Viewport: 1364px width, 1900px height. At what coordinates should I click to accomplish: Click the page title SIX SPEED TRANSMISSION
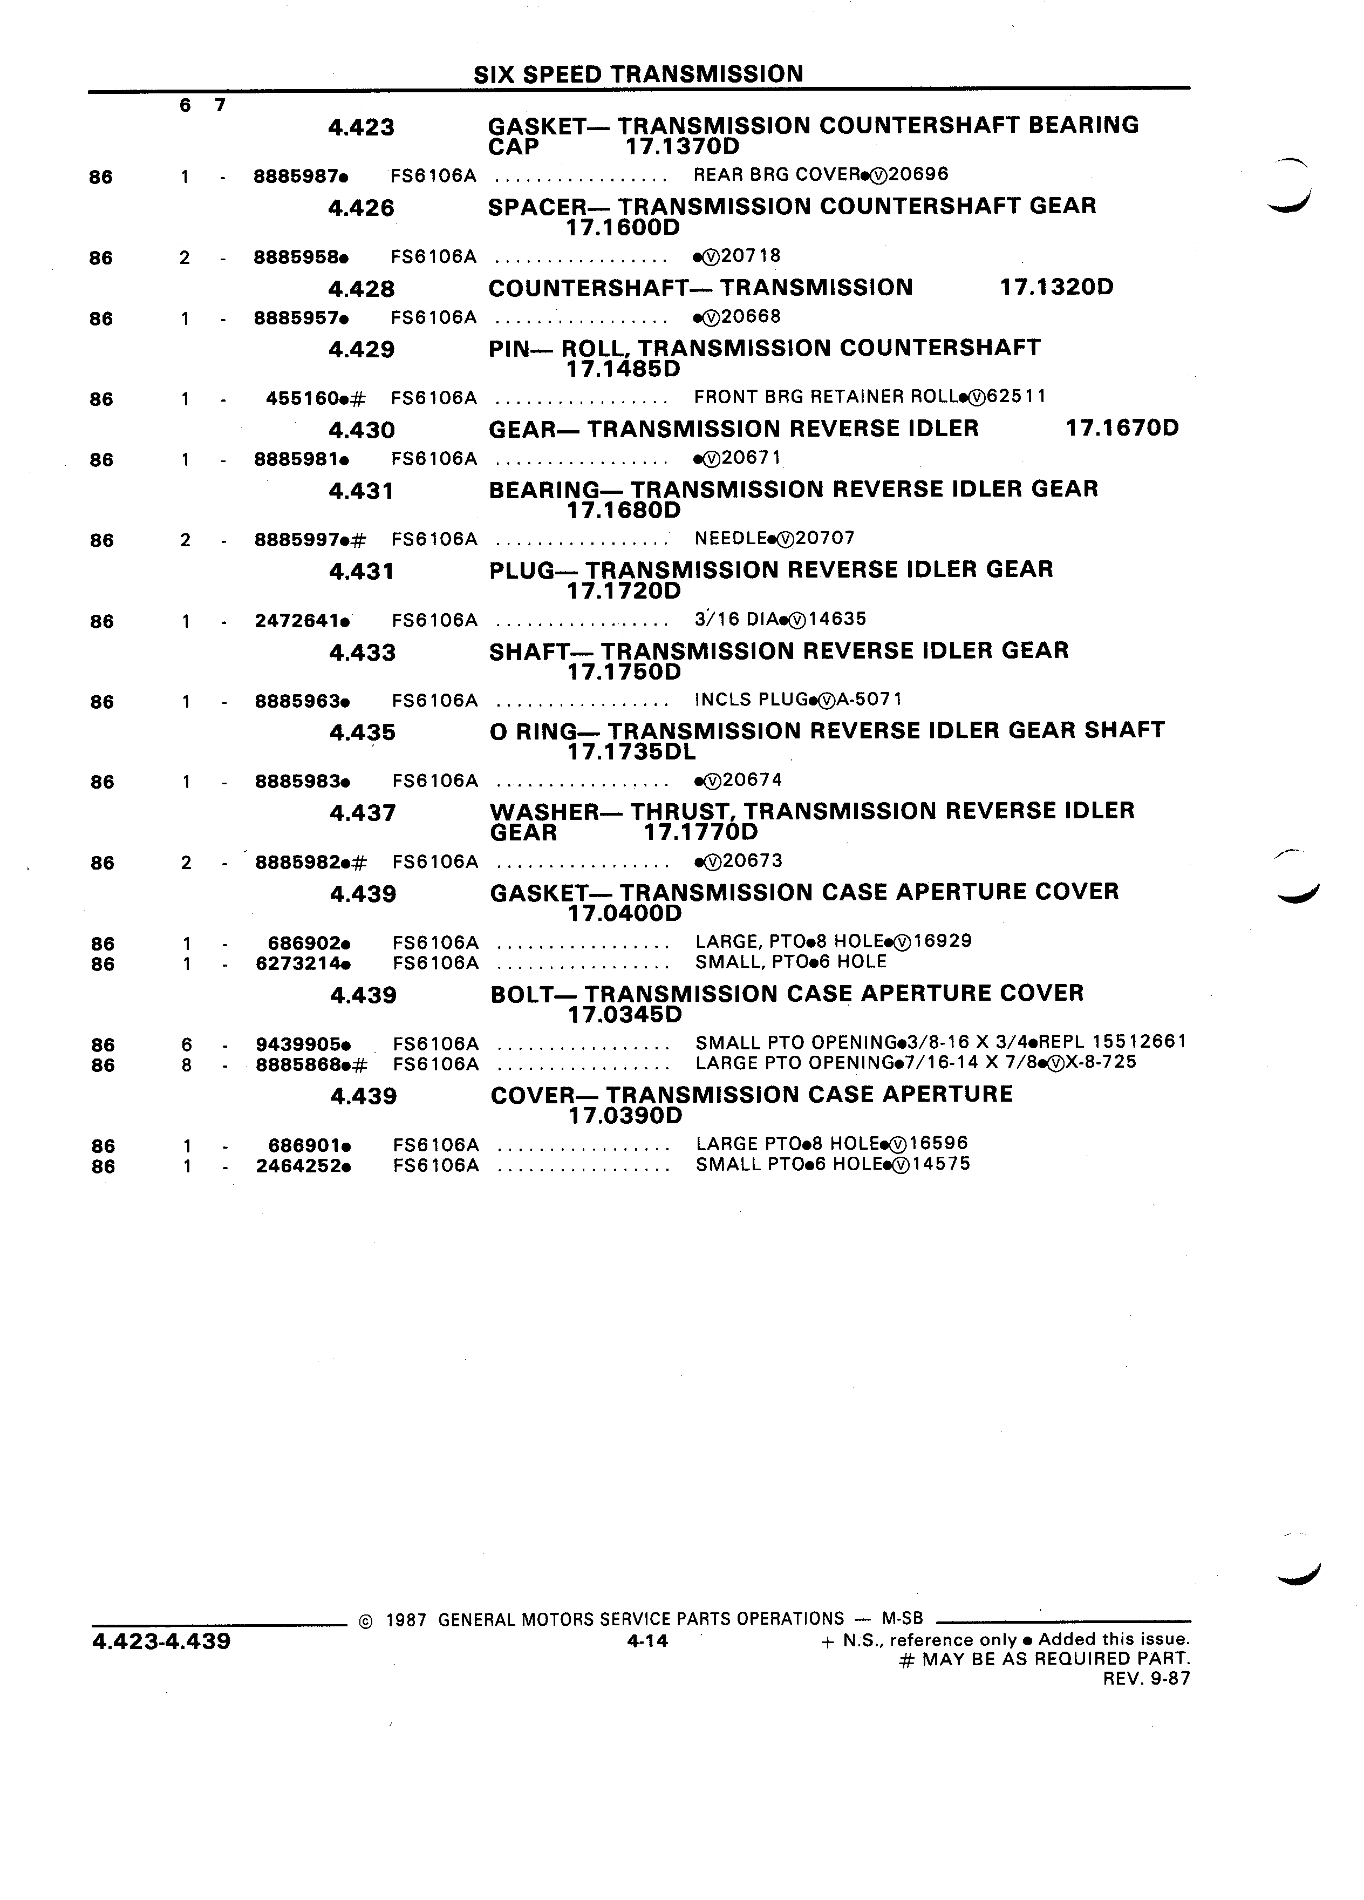pyautogui.click(x=638, y=74)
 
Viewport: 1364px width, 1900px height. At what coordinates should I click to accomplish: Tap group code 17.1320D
pyautogui.click(x=1056, y=287)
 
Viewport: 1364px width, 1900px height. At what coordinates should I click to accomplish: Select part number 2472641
pyautogui.click(x=297, y=621)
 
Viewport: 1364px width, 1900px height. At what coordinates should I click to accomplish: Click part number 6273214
pyautogui.click(x=298, y=963)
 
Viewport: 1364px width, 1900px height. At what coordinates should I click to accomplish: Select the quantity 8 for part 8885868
pyautogui.click(x=187, y=1065)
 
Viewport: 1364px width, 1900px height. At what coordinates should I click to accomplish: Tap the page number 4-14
pyautogui.click(x=647, y=1641)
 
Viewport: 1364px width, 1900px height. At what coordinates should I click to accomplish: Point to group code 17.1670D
pyautogui.click(x=1122, y=428)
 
